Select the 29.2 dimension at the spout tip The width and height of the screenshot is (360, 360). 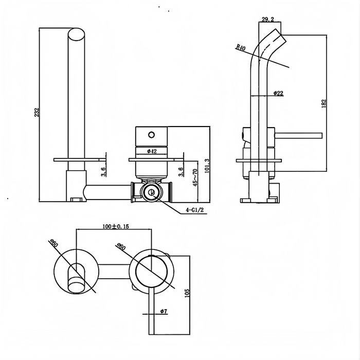[267, 20]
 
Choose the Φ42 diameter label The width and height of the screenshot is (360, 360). [152, 151]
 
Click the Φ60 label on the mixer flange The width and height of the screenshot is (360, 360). [121, 248]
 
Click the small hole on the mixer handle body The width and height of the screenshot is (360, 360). [151, 135]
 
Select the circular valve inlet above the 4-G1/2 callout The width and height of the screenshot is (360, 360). [151, 193]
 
